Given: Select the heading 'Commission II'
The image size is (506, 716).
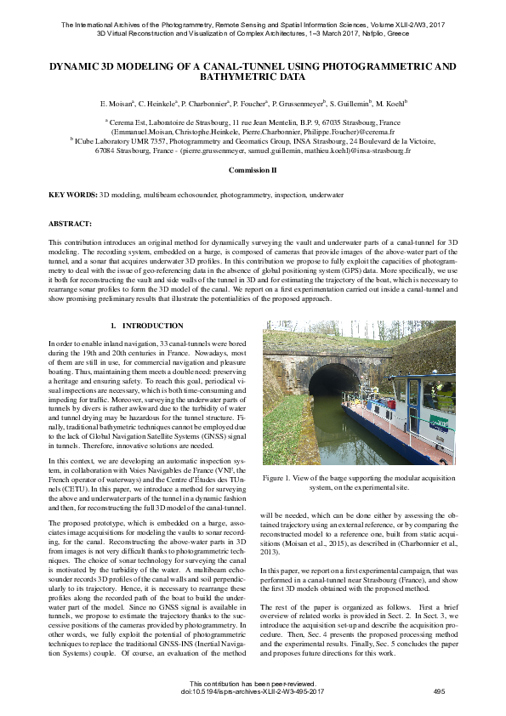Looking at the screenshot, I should pos(253,170).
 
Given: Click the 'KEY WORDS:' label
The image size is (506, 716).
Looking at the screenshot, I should pos(73,196).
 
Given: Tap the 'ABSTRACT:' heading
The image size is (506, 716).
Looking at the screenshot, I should pos(70,223).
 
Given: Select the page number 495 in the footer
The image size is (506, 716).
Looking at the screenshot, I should pos(439,691).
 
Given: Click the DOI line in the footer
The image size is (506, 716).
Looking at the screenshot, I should pos(253,691).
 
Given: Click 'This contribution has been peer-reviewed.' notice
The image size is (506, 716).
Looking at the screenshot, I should pos(253,683).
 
